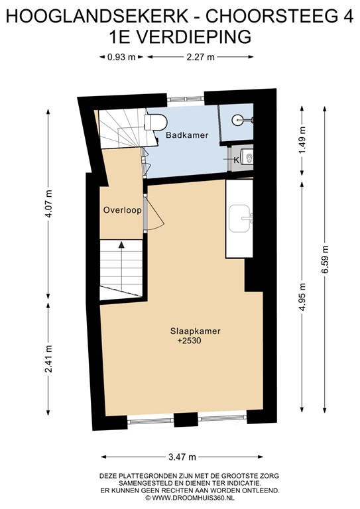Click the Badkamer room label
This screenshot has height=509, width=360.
click(187, 135)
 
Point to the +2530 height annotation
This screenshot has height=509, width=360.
click(189, 341)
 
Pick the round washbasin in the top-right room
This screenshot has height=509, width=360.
click(240, 120)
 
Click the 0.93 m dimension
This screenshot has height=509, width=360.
click(121, 57)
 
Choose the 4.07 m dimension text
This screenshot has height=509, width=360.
click(50, 207)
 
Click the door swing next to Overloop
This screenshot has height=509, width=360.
click(151, 216)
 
